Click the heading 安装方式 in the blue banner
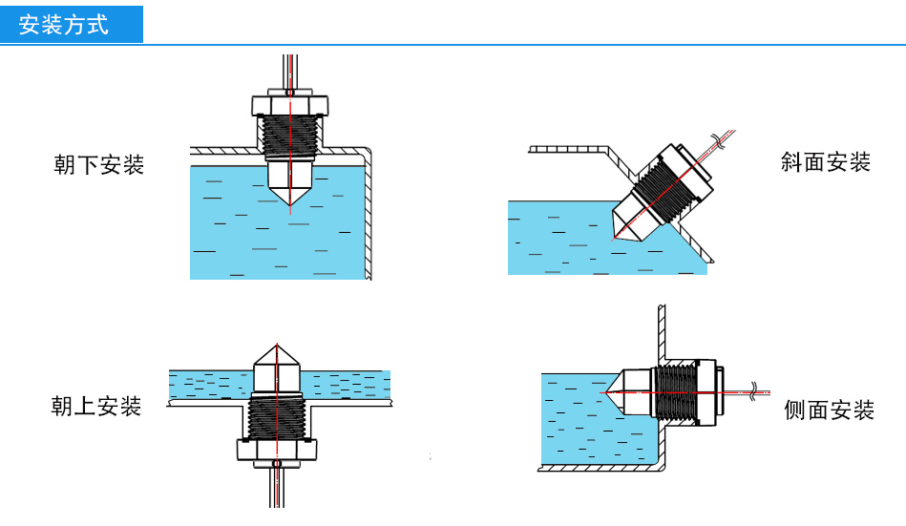click(65, 24)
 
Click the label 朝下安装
click(98, 164)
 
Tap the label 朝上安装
click(96, 406)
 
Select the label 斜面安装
click(826, 161)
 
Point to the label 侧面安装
click(829, 410)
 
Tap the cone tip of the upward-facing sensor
click(276, 343)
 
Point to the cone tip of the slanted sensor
click(614, 235)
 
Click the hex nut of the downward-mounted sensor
click(290, 104)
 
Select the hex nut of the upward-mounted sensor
click(276, 450)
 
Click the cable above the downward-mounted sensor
click(290, 72)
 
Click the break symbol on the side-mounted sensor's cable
click(755, 390)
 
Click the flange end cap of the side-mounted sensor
click(710, 391)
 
